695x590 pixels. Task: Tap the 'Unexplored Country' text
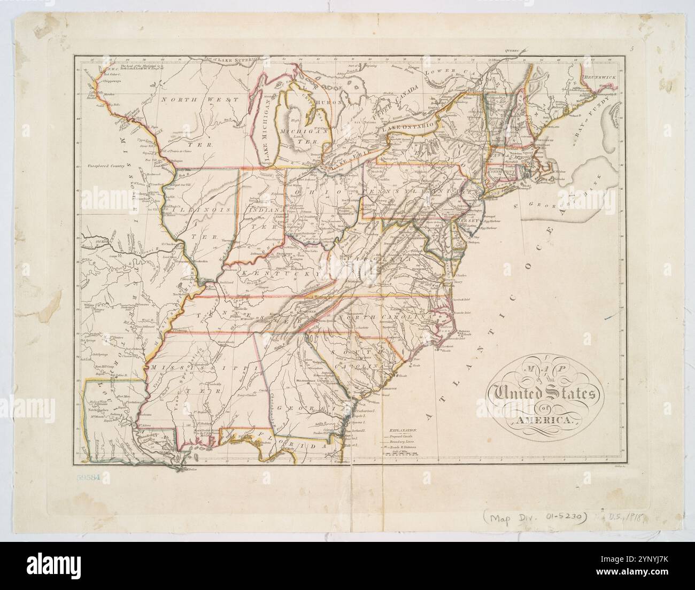coord(106,167)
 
